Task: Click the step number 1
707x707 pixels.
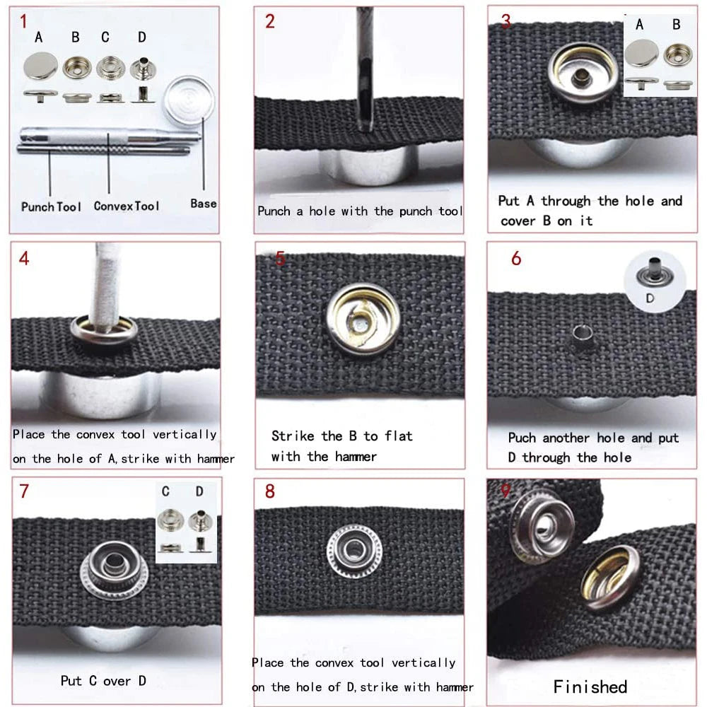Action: pos(23,21)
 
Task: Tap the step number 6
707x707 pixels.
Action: pos(516,258)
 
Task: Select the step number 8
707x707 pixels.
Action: pos(269,491)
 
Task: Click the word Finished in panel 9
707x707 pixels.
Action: pos(590,686)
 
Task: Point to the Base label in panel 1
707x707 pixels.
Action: pos(204,204)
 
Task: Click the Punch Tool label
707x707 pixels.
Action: pos(51,207)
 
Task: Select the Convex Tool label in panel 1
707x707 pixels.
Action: pos(127,206)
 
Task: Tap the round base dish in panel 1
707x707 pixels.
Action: pos(189,101)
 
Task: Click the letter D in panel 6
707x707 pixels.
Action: pos(650,298)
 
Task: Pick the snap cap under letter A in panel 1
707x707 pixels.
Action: pos(40,66)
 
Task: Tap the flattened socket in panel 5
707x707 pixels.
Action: pos(363,319)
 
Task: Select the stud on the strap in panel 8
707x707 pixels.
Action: pos(354,551)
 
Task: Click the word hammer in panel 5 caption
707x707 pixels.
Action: pos(356,457)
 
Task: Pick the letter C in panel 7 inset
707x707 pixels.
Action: pos(165,491)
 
